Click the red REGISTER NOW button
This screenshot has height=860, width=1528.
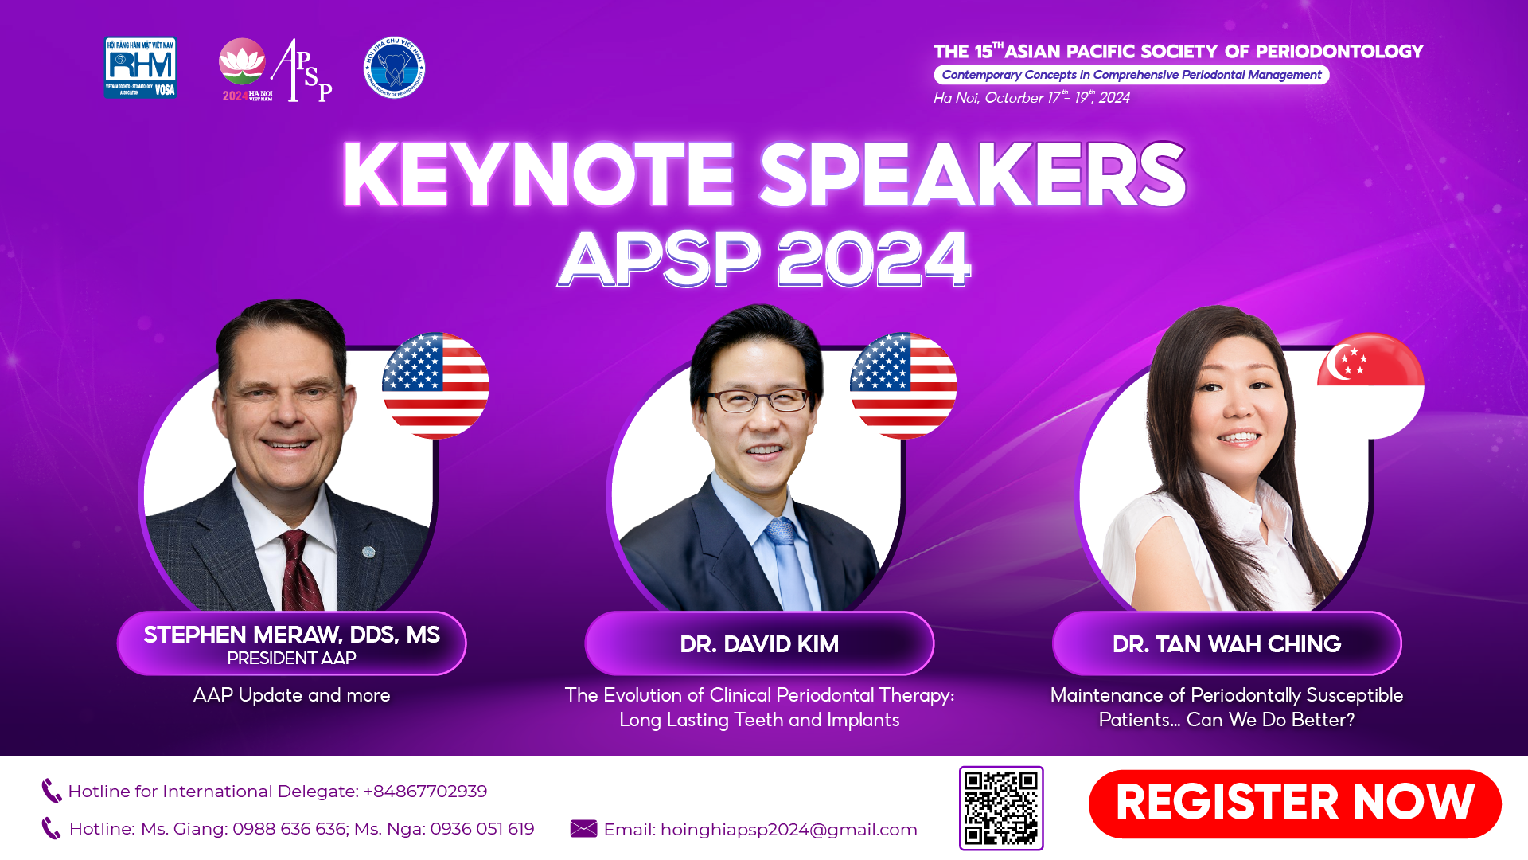[1294, 803]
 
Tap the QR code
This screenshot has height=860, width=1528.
[1001, 807]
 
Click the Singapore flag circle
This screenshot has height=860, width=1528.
[1370, 385]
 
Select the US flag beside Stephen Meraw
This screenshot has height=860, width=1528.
[435, 385]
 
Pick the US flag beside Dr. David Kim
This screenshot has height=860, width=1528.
[903, 385]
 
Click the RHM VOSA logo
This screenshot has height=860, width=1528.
[140, 68]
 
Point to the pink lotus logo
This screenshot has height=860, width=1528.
[242, 62]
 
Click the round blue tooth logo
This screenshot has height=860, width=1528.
[394, 68]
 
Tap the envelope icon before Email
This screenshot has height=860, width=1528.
[583, 829]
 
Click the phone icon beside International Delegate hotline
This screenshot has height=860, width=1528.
[51, 791]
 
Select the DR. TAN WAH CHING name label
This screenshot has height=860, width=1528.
[1226, 643]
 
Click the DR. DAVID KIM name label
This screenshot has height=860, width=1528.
[759, 643]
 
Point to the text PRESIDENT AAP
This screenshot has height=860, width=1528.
[291, 659]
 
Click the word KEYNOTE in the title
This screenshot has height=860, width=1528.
[538, 175]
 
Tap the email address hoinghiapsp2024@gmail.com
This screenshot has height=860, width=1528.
[789, 830]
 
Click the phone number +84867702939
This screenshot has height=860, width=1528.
[425, 792]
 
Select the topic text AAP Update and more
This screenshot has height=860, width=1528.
[291, 695]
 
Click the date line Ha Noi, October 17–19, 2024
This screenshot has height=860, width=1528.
[1031, 98]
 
